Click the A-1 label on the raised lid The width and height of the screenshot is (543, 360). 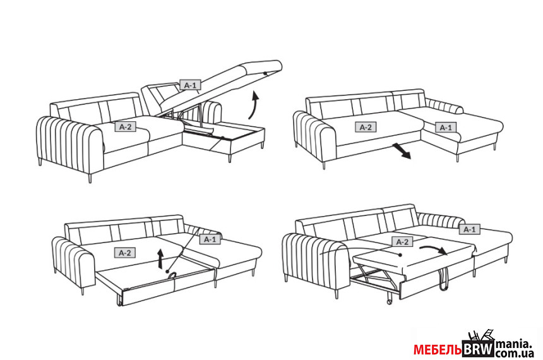point(190,85)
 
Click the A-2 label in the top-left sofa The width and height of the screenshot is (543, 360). point(126,127)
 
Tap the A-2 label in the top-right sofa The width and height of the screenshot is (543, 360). point(366,127)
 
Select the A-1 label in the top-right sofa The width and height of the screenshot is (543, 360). point(446,128)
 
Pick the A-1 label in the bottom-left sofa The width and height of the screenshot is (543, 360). point(210,239)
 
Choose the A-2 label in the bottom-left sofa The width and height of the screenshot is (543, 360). point(125,253)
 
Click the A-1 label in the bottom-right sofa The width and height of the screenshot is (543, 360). point(470,229)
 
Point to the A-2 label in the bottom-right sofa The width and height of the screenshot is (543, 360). point(402,242)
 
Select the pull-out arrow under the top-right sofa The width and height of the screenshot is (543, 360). point(402,151)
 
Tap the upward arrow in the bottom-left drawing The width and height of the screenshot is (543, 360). point(160,258)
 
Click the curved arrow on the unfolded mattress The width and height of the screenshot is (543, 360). point(434,249)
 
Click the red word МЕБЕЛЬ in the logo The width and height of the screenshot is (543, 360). point(438,350)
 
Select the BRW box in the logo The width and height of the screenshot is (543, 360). point(479,349)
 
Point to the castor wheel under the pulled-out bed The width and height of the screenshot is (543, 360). point(390,301)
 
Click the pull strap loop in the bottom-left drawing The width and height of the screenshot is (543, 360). point(172,275)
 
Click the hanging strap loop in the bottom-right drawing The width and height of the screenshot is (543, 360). point(443,279)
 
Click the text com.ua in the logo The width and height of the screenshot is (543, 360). point(515,353)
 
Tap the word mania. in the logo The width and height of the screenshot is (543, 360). point(514,344)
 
